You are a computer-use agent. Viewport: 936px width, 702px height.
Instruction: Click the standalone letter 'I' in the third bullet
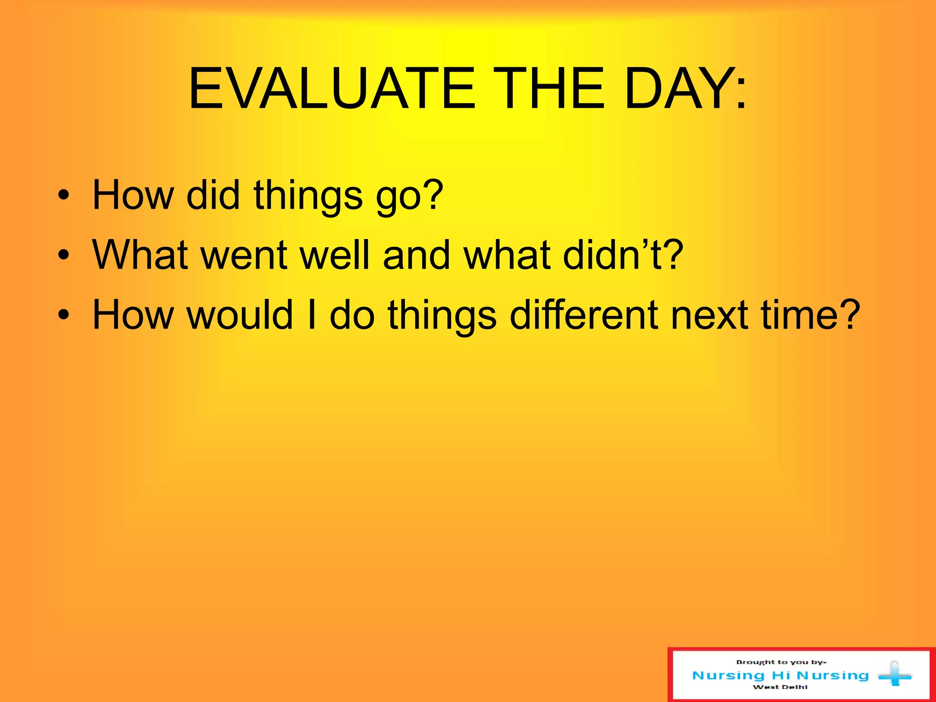pyautogui.click(x=312, y=314)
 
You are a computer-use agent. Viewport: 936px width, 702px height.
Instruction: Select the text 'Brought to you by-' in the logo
pyautogui.click(x=781, y=662)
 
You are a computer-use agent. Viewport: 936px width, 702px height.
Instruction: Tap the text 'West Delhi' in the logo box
pyautogui.click(x=780, y=687)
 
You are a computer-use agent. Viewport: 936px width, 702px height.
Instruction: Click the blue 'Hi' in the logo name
pyautogui.click(x=781, y=675)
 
